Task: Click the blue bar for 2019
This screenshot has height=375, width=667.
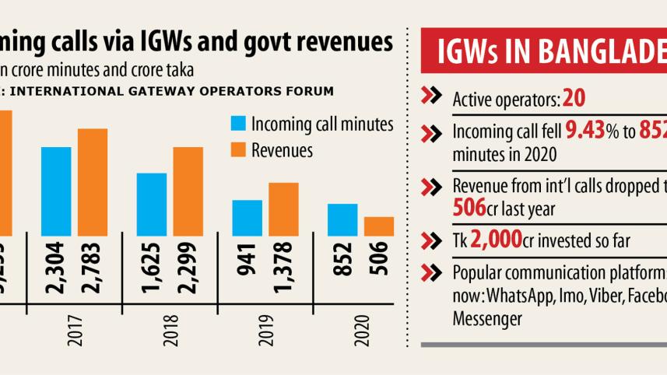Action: coord(247,217)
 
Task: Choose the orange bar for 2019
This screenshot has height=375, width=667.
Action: coord(283,209)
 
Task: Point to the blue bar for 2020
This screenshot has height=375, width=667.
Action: coord(342,219)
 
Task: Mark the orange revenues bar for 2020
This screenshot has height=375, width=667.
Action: coord(379,226)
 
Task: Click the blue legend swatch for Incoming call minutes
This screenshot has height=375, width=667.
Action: coord(237,124)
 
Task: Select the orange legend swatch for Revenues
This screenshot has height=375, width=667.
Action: coord(237,149)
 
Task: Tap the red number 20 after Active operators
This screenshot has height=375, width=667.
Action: coord(574,99)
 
